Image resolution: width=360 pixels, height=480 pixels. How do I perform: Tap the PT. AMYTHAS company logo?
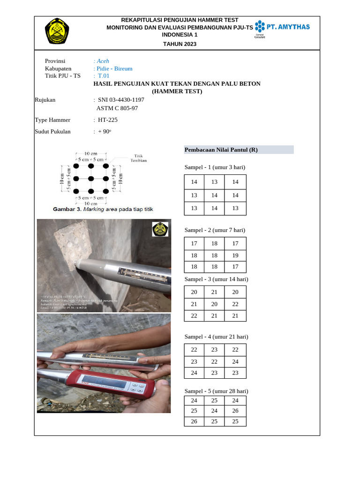(x=282, y=28)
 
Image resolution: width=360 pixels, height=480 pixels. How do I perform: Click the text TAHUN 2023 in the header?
(x=180, y=44)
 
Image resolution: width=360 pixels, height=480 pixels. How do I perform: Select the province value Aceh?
(x=103, y=61)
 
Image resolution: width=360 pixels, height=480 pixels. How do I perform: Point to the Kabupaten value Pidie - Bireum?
(x=114, y=68)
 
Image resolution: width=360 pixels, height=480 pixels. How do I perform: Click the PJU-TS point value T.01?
(x=104, y=75)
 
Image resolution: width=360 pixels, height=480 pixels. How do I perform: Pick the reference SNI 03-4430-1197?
(x=121, y=100)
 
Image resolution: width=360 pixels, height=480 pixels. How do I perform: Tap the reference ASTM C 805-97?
(x=117, y=108)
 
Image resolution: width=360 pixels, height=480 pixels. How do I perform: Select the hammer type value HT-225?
(x=108, y=120)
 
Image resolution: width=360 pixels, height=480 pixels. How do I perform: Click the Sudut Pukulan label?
(x=53, y=131)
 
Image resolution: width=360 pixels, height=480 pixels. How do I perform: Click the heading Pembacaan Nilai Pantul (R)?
(x=221, y=150)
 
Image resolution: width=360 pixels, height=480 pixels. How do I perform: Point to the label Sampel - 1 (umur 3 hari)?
(x=215, y=167)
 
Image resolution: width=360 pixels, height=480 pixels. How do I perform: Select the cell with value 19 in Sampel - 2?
(x=235, y=255)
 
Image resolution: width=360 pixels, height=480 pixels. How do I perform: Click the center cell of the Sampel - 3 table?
(x=214, y=304)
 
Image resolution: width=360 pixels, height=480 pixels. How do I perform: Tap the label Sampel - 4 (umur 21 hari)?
(x=216, y=337)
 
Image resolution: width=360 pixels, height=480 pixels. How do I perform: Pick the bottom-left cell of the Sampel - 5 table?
(x=194, y=421)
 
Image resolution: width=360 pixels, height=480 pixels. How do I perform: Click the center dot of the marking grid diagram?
(x=91, y=178)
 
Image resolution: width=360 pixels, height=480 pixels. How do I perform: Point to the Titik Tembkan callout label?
(x=138, y=157)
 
